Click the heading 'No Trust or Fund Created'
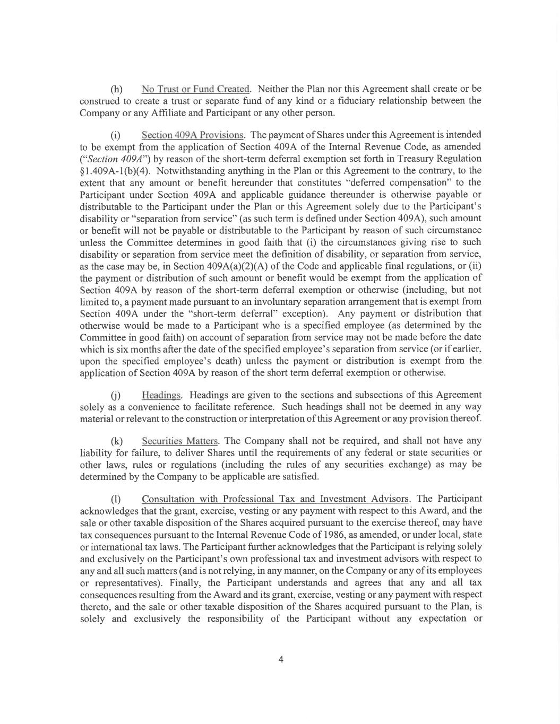[195, 89]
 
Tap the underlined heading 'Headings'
[161, 395]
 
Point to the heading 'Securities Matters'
[180, 441]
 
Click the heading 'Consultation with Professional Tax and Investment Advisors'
[275, 499]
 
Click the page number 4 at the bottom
[281, 660]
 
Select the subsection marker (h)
[116, 89]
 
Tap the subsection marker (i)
[115, 135]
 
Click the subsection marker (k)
[116, 441]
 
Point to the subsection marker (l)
[115, 500]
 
